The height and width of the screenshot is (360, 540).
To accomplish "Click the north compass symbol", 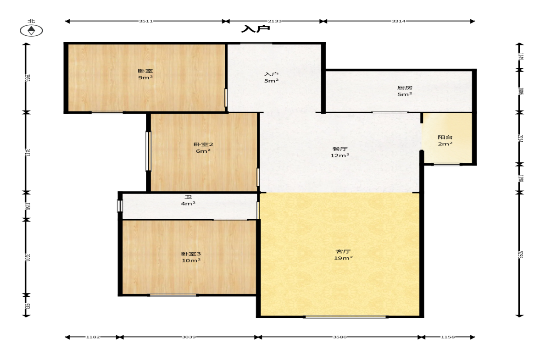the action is click(31, 31).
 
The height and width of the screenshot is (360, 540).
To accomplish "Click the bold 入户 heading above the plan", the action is click(255, 29).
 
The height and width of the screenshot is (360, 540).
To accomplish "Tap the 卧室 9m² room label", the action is click(145, 74).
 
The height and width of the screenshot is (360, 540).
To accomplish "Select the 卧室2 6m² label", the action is click(203, 148).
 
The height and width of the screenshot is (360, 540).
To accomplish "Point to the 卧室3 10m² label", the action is click(191, 257).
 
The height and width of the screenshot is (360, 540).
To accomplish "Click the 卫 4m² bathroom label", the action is click(188, 200).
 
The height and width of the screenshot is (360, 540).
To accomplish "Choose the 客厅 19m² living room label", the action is click(343, 255).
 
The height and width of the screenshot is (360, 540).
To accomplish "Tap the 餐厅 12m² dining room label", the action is click(340, 152).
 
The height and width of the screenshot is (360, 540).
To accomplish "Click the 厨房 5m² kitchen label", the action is click(405, 91).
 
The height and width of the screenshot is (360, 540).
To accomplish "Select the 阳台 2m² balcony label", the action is click(445, 140).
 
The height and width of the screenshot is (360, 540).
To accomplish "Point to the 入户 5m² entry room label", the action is click(272, 78).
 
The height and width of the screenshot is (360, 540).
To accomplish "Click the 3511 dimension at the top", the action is click(146, 21).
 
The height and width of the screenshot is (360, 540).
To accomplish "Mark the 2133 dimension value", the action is click(275, 21).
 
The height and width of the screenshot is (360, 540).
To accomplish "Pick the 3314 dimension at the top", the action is click(398, 21).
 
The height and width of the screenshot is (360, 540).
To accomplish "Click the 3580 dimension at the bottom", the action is click(340, 337).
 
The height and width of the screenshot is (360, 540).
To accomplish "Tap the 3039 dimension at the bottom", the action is click(189, 337).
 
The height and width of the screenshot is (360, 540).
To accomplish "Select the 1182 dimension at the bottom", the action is click(93, 337).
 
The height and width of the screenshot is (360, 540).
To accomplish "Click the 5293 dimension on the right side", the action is click(520, 255).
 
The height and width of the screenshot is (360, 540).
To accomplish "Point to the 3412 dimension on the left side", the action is click(28, 152).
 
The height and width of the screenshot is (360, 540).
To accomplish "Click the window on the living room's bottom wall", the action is click(345, 316).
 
